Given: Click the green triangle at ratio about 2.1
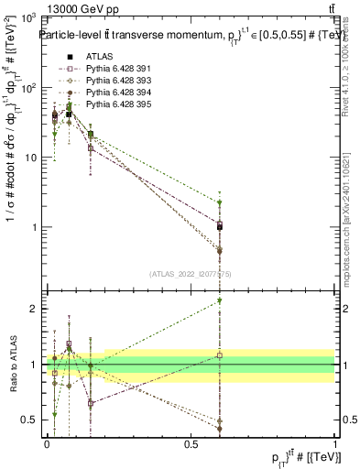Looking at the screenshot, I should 219,300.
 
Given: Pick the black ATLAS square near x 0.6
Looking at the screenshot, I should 219,226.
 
